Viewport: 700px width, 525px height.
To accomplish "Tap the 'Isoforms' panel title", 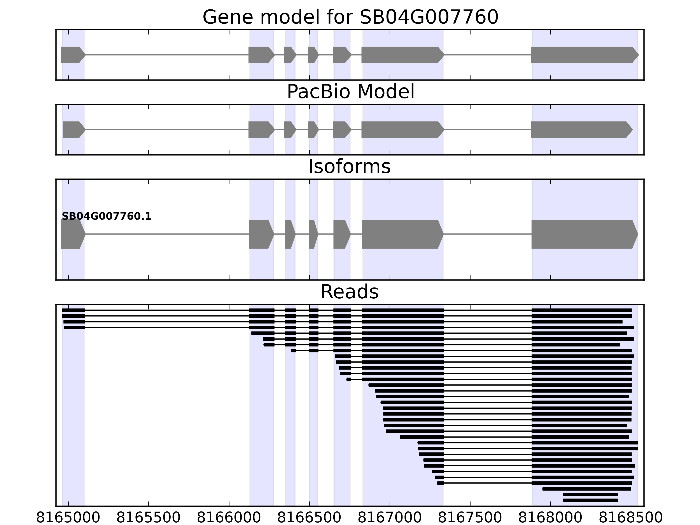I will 349,166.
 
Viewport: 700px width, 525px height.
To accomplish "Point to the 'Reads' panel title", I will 349,292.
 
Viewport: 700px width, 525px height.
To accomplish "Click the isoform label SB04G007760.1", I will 106,217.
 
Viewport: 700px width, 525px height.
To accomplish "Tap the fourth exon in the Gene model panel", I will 313,55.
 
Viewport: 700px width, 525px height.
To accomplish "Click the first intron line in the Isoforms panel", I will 167,234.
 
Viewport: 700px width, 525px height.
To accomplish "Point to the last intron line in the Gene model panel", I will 487,55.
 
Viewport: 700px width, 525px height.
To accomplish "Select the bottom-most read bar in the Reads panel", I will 590,500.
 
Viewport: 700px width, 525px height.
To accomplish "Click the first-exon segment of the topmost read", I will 73,310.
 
